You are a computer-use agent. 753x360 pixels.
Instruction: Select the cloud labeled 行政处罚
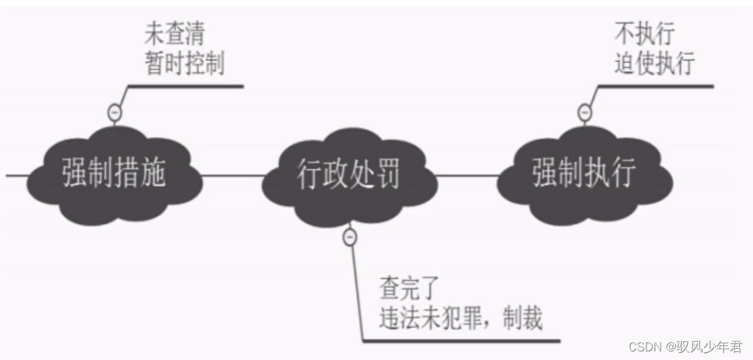point(349,175)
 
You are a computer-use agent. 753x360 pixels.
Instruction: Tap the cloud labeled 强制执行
point(583,174)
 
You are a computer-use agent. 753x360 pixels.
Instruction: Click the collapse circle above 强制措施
point(114,113)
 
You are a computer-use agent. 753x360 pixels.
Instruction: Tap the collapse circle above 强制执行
point(585,113)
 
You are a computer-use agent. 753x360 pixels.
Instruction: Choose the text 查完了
point(407,289)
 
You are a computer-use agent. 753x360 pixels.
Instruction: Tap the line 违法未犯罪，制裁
point(460,319)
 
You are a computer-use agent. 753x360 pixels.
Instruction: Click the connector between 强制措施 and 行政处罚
point(233,176)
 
